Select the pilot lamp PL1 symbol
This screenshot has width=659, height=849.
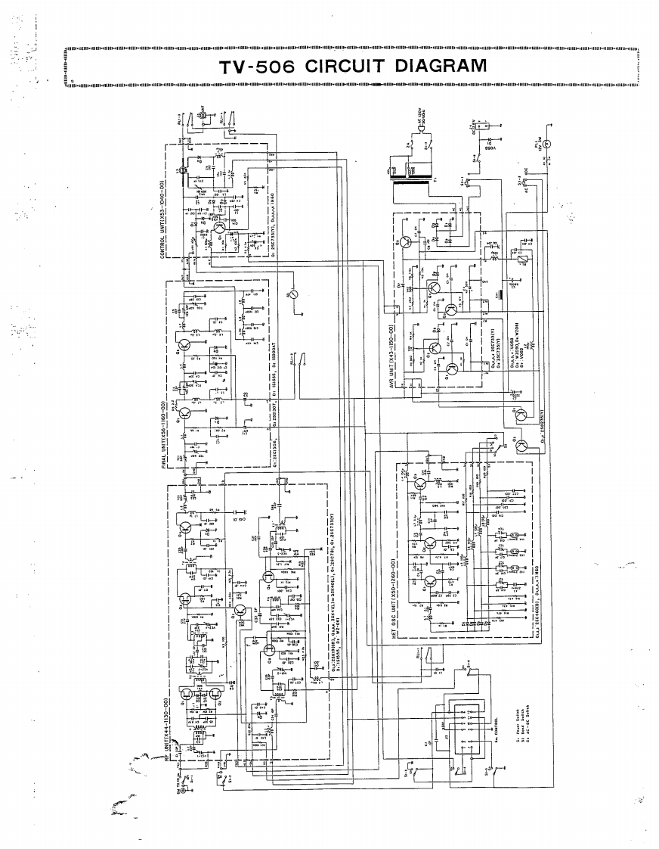[549, 142]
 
